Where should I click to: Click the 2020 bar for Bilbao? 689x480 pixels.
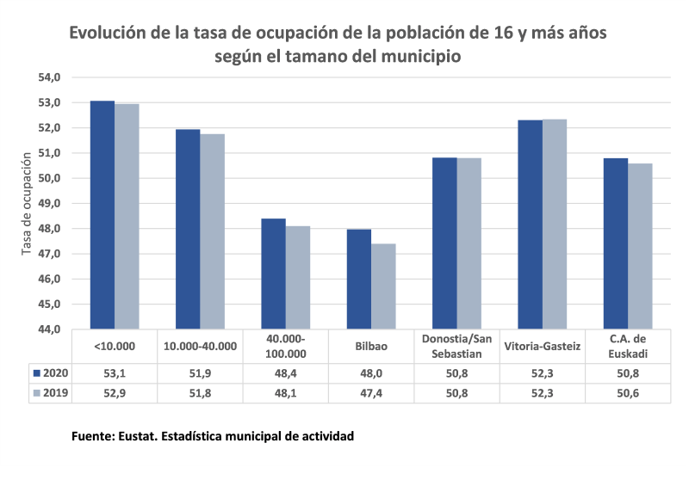point(358,280)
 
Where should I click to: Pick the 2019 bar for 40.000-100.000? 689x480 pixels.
point(297,278)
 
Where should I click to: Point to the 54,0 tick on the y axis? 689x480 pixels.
point(48,77)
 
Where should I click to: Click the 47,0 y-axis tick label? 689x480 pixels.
point(48,255)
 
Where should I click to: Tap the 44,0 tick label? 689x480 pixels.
point(48,330)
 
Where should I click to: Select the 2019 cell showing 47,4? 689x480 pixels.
point(370,393)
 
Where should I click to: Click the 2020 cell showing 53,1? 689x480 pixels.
point(115,372)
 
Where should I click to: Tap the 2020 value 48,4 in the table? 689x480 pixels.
point(286,372)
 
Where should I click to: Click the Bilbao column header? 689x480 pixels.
point(370,347)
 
